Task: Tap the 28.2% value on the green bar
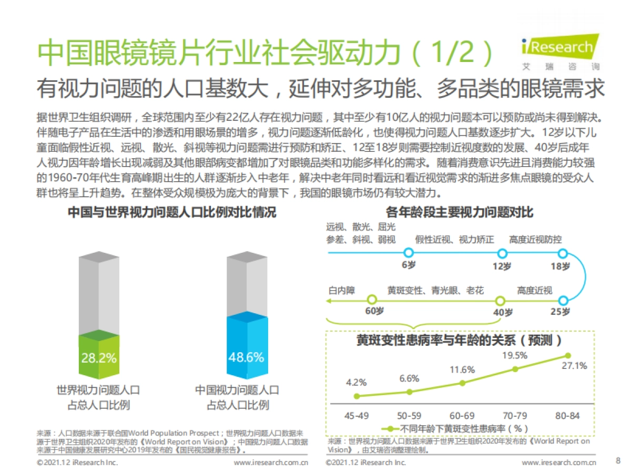99,358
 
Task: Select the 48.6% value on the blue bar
246,358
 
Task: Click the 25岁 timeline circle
563,300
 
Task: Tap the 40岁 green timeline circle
500,300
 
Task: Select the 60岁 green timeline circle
372,300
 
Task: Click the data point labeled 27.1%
568,356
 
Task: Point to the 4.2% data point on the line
357,396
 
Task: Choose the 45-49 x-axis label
357,416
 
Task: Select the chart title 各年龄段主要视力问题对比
459,212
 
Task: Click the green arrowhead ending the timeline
329,301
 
